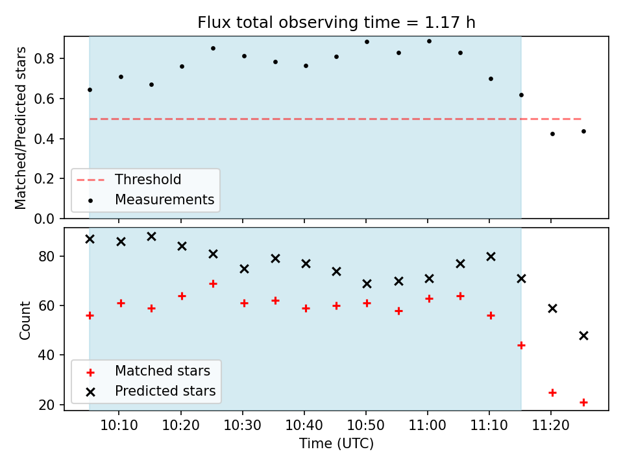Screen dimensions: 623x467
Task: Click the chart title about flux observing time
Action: coord(336,23)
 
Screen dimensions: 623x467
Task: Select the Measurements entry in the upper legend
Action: coord(152,199)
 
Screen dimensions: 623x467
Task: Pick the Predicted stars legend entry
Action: coord(151,391)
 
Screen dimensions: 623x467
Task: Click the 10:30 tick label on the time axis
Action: coord(242,425)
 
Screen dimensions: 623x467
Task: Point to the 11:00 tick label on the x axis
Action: coord(428,425)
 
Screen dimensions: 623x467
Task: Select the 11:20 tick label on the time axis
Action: coord(551,425)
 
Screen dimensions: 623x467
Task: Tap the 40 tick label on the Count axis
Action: coord(46,355)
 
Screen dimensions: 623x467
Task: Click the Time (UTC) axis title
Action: coord(336,444)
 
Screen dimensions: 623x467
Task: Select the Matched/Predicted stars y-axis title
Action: coord(20,128)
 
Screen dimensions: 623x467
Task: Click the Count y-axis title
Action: coord(25,320)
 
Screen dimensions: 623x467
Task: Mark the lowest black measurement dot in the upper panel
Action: coord(552,134)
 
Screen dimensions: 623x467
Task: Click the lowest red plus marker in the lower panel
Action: coord(583,403)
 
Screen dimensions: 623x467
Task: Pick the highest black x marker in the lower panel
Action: coord(151,237)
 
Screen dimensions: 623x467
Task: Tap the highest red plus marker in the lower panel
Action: coord(213,284)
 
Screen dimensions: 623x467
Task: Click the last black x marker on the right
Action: coord(583,336)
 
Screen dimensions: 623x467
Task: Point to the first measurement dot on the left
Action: coord(90,90)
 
